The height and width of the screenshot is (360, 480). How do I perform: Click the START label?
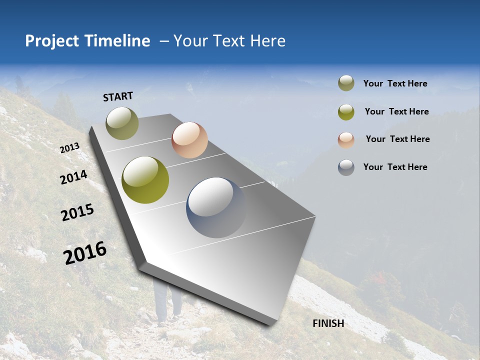point(118,96)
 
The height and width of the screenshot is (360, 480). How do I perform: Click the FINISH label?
point(328,323)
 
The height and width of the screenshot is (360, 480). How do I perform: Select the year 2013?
point(70,147)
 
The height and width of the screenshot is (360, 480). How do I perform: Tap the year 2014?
point(74,177)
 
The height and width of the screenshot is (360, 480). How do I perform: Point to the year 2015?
point(77,212)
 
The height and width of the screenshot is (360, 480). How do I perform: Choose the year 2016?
point(85,253)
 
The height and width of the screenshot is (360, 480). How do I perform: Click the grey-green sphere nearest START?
point(122,123)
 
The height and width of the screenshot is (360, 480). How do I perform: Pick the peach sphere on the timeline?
point(189,140)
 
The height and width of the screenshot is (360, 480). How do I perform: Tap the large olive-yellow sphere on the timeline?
point(145,180)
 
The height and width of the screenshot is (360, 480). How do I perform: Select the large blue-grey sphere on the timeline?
point(216,207)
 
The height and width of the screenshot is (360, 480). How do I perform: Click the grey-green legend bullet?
point(346,83)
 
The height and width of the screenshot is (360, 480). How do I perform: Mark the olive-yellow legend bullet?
point(346,111)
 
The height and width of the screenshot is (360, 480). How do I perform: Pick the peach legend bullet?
point(346,139)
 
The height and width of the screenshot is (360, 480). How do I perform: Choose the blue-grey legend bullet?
point(346,167)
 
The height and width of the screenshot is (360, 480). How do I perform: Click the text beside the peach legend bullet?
point(397,139)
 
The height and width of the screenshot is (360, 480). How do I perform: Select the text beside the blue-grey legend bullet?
point(395,167)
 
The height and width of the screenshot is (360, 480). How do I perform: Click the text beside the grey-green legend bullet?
point(395,83)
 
